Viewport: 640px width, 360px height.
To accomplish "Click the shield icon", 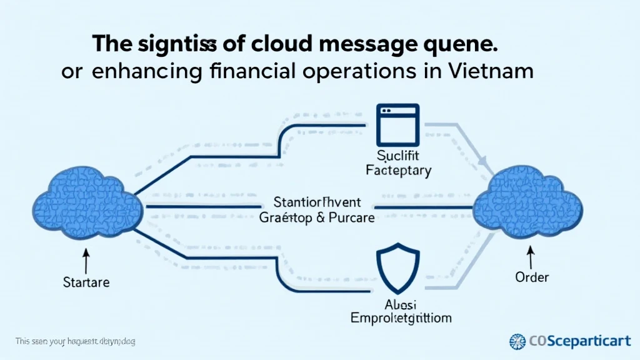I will [x=398, y=271].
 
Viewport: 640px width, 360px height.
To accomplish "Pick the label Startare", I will [x=86, y=282].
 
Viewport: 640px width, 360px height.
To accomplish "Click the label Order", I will [x=532, y=276].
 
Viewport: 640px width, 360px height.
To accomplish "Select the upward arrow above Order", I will [x=532, y=256].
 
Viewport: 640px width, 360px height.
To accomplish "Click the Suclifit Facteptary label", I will [x=398, y=162].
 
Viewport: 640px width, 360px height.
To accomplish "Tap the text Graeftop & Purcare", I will [x=317, y=218].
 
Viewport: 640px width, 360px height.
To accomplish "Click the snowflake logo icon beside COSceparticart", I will [x=518, y=341].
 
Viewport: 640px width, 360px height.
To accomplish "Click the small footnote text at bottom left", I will [x=76, y=342].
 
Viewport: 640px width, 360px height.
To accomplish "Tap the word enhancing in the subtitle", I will [x=147, y=71].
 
